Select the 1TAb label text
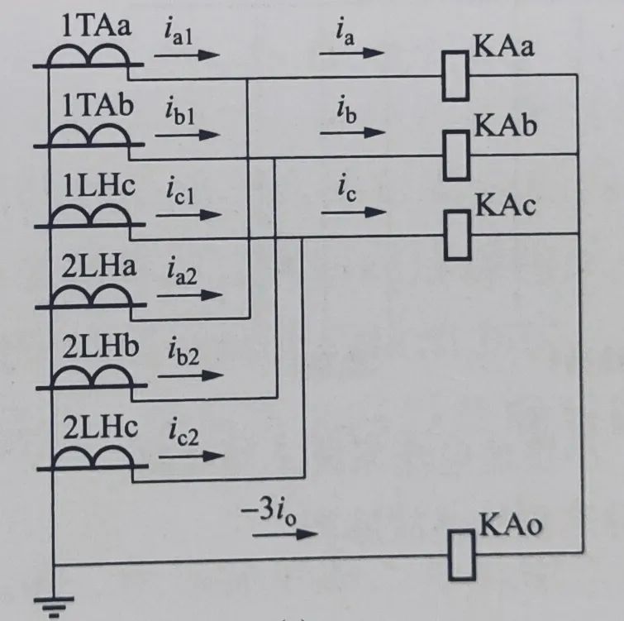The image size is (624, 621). click(96, 105)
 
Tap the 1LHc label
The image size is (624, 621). click(96, 184)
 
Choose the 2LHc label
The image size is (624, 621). click(98, 428)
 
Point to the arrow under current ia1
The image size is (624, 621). click(188, 55)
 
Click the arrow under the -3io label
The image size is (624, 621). click(284, 534)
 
